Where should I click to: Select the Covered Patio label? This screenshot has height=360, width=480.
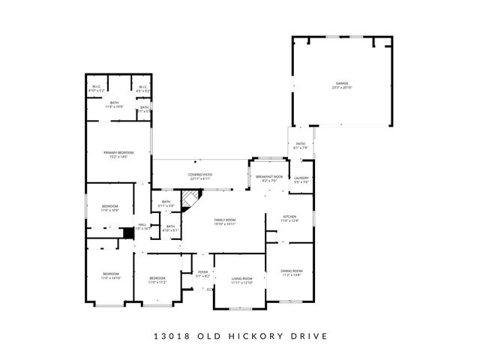[200, 175]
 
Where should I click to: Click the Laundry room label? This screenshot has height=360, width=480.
[301, 178]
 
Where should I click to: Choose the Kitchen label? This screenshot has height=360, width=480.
[289, 216]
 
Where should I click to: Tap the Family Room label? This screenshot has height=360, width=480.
[225, 219]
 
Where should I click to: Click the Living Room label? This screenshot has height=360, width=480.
[241, 278]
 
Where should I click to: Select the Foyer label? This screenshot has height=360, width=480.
[202, 272]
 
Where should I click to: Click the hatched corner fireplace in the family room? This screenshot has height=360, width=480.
[193, 199]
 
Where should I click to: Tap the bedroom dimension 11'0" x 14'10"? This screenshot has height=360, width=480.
[110, 277]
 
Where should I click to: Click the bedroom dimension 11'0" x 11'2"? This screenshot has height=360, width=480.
[156, 282]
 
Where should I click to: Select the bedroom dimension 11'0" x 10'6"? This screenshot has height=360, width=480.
[110, 211]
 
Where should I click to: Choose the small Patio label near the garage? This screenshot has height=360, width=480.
[300, 143]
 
